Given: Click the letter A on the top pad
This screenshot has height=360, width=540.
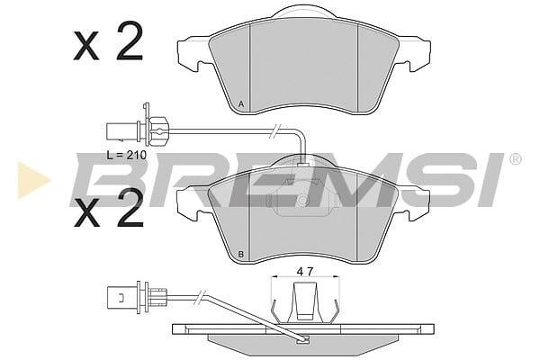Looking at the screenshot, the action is [241, 104].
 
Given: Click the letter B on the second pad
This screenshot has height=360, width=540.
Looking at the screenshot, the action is [241, 255].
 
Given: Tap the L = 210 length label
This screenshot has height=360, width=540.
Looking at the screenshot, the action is [126, 155].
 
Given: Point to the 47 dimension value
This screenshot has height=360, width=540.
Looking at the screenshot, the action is [305, 272].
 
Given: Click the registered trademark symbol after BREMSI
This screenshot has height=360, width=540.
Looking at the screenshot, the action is [515, 159].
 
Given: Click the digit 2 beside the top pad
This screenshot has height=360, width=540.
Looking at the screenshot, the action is [130, 41].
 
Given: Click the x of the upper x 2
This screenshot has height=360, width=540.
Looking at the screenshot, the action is [86, 47].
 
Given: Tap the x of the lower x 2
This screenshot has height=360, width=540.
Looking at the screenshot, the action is [86, 213].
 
